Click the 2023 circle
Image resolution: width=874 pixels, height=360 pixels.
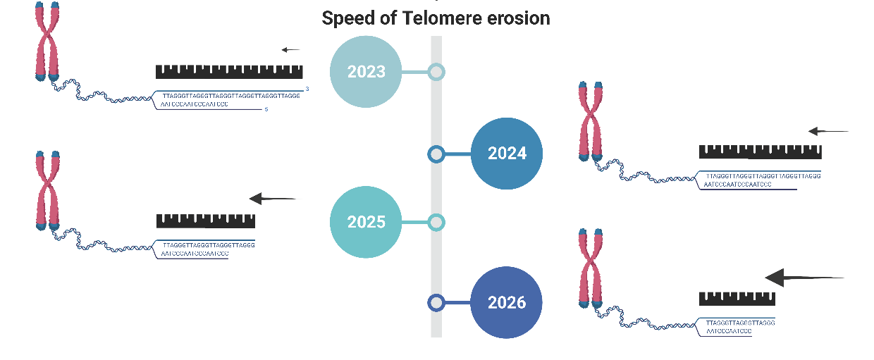tap(366, 72)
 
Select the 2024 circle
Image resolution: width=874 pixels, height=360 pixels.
tap(507, 154)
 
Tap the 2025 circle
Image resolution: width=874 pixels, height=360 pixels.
tap(366, 223)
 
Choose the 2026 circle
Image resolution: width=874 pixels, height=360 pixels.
tap(507, 303)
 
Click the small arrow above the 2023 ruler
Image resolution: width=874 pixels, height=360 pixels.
tap(290, 50)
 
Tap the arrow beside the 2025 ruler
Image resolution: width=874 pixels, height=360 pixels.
tap(273, 199)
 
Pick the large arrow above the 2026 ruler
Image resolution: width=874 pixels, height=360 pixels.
tap(804, 278)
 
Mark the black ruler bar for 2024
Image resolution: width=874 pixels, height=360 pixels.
tap(760, 151)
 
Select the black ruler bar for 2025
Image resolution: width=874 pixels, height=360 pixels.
tap(205, 221)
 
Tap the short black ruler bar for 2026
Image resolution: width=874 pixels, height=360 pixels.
tap(737, 299)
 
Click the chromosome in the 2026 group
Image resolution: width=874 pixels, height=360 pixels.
tap(590, 268)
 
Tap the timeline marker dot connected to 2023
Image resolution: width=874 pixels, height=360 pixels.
tap(436, 72)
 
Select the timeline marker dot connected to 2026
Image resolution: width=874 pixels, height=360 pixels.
tap(436, 303)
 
